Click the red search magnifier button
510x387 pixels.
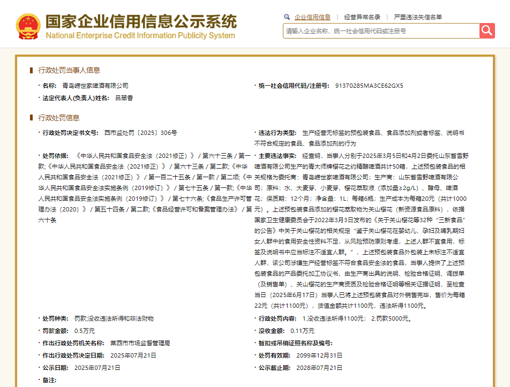point(486,31)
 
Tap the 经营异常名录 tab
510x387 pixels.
point(362,17)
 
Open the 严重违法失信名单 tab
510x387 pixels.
point(418,17)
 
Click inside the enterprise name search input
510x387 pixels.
point(380,31)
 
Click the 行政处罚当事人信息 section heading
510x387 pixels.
point(69,70)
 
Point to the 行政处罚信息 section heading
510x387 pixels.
point(59,118)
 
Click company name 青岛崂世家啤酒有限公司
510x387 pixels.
point(95,86)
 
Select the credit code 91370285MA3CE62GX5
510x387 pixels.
point(369,86)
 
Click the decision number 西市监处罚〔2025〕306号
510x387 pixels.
point(140,132)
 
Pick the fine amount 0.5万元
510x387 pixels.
point(85,330)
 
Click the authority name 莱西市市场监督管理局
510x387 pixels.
point(140,343)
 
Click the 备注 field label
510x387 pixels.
point(49,380)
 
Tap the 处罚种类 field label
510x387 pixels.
point(56,318)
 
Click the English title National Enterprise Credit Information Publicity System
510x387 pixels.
point(140,36)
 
